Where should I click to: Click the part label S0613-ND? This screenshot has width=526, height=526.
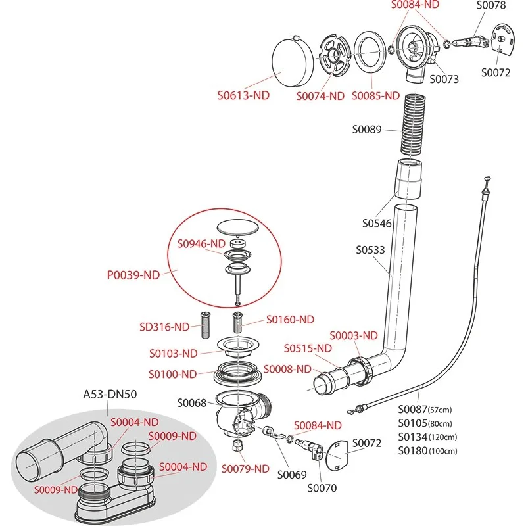[243, 95]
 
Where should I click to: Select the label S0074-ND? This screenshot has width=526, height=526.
[320, 96]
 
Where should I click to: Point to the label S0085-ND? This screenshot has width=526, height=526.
[375, 95]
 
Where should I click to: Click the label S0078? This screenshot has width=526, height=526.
[491, 5]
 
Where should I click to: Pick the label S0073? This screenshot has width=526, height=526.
[444, 79]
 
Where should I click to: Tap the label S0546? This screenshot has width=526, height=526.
[377, 224]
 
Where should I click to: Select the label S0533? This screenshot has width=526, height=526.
[370, 251]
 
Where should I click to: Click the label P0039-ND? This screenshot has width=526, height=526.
[133, 275]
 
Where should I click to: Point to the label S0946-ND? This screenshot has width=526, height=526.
[201, 243]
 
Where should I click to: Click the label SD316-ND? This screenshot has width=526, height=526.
[164, 327]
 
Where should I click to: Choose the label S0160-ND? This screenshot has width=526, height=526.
[290, 320]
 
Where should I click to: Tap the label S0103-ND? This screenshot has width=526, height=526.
[173, 353]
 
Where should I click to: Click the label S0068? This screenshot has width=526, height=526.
[192, 402]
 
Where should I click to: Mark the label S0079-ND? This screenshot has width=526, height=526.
[245, 469]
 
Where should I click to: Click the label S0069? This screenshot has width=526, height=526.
[291, 473]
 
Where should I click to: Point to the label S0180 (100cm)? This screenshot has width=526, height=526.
[428, 451]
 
